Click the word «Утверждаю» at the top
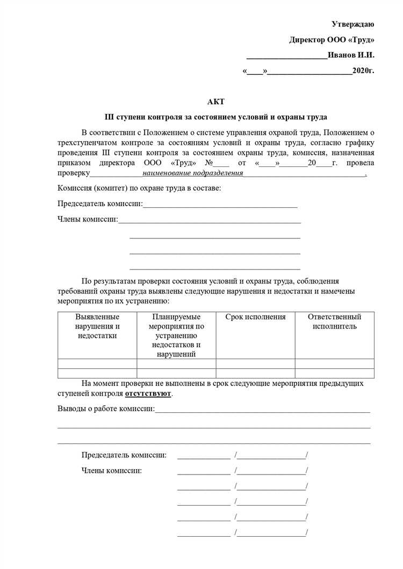(352, 24)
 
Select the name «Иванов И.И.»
(351, 55)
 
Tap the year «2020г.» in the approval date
(363, 71)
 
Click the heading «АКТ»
(215, 101)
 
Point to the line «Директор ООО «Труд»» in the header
(332, 40)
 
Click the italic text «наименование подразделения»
(192, 173)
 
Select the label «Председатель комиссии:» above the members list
(100, 204)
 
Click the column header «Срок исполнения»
(255, 317)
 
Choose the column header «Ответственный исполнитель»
(334, 322)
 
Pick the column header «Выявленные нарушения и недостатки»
(97, 326)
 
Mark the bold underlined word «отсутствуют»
(148, 393)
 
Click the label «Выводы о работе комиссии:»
(106, 409)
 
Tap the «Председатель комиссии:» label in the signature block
(124, 455)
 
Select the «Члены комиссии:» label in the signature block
(112, 471)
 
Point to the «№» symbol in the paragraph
(209, 163)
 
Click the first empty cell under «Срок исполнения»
(255, 363)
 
